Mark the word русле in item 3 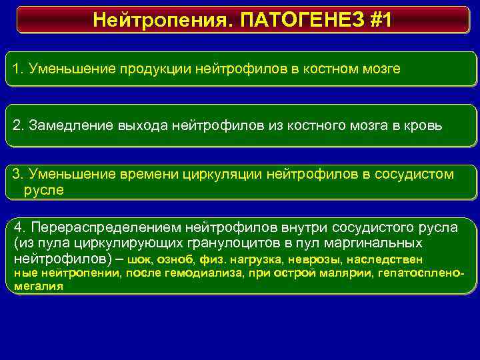click(x=44, y=190)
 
